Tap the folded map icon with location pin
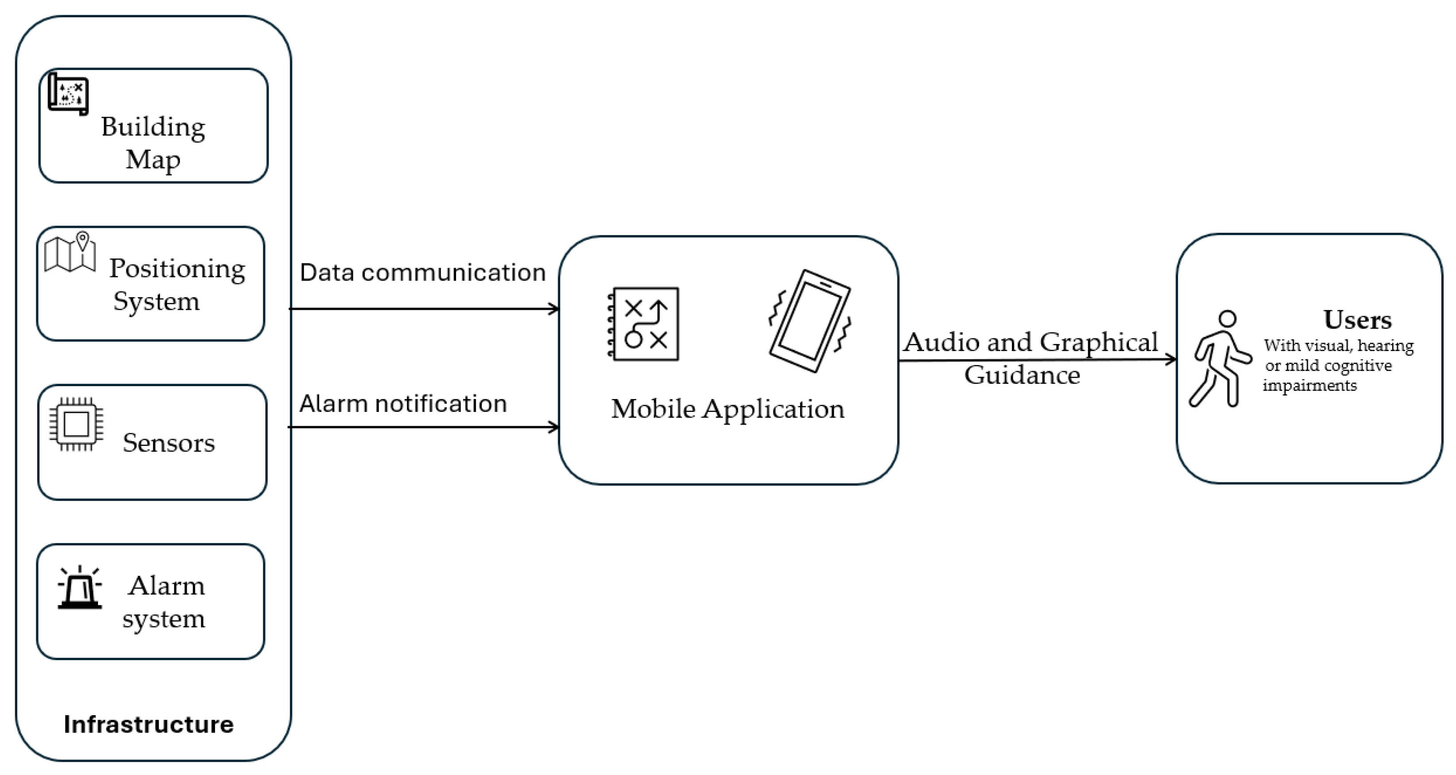pos(70,253)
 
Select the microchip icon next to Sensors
pos(76,424)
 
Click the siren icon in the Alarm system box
pos(80,587)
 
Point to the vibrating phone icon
pos(810,321)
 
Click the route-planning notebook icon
pos(643,324)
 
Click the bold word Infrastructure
pos(148,724)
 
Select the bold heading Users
pos(1358,320)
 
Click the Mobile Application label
pos(728,409)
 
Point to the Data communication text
pos(423,273)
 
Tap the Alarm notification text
pos(403,403)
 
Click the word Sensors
pos(169,442)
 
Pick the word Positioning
pos(177,269)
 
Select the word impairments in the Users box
pos(1310,386)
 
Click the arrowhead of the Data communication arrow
pos(555,309)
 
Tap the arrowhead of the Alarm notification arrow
pos(555,427)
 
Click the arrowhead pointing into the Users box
pos(1172,359)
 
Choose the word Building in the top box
pos(153,128)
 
